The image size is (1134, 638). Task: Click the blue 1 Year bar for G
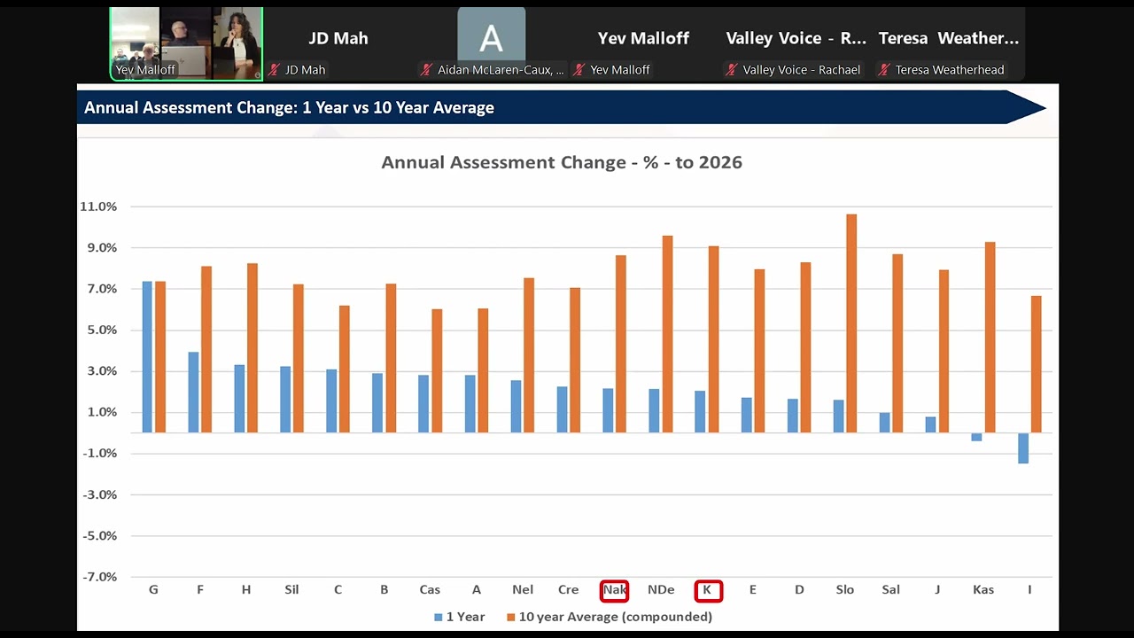[147, 357]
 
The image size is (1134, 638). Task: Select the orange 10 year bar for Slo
[851, 323]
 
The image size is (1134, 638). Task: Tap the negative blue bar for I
[1023, 448]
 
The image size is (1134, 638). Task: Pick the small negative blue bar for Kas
[976, 437]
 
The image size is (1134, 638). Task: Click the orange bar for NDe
[668, 334]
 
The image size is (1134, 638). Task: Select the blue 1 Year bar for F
[193, 393]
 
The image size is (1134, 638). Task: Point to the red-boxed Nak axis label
[614, 590]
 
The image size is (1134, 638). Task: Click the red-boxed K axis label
[708, 590]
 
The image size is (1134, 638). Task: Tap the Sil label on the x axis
[291, 590]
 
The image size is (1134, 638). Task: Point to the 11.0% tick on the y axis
[98, 206]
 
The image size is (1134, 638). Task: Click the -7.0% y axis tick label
[100, 577]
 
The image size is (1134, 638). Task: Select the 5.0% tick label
[102, 331]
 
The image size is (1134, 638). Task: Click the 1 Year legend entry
[460, 617]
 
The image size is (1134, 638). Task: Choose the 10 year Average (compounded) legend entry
[610, 617]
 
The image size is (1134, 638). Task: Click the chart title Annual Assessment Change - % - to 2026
[562, 162]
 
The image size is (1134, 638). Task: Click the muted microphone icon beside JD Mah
[275, 70]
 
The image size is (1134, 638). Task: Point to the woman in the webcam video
[237, 43]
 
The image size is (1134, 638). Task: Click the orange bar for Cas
[437, 371]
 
